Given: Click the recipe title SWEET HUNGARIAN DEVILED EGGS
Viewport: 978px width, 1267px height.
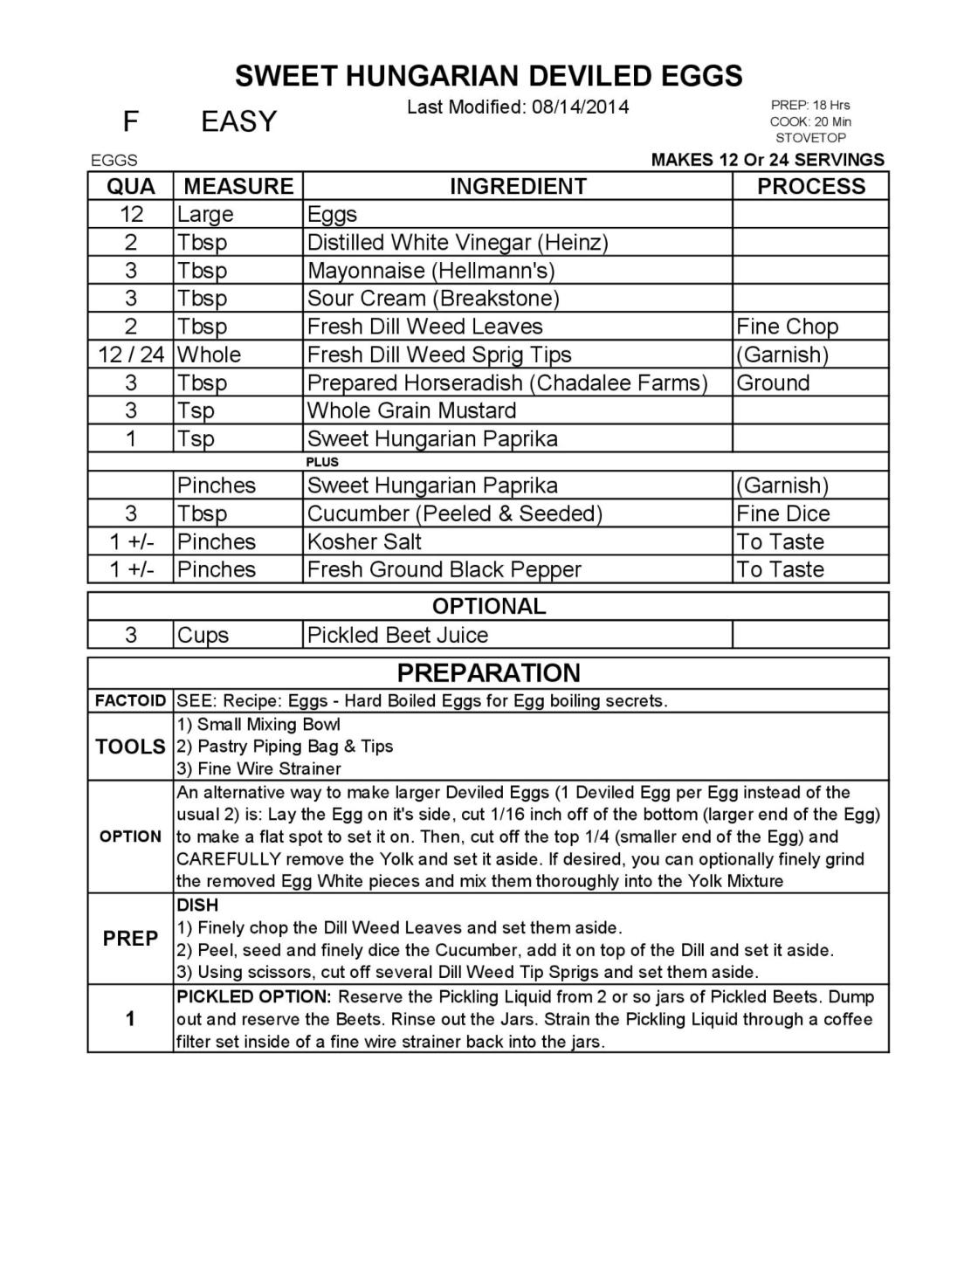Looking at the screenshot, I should pos(488,76).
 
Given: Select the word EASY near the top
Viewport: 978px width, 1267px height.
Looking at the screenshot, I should pos(238,121).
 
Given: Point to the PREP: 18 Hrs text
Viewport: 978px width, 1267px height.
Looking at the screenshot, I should pos(809,105).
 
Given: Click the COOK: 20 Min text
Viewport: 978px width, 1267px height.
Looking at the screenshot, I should pos(810,121).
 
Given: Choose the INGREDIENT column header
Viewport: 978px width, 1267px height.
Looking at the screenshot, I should pos(517,186).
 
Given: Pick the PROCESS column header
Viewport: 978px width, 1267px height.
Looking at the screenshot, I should pos(810,186).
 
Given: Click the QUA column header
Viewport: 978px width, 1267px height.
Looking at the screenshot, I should pos(131,186).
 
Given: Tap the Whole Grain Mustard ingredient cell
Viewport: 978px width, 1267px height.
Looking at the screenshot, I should pos(411,410).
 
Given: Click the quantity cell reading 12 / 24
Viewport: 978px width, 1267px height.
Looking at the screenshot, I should pos(131,355).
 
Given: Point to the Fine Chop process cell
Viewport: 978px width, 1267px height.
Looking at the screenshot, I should pos(787,327).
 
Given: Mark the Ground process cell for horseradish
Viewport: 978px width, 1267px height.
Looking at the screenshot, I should pos(773,382).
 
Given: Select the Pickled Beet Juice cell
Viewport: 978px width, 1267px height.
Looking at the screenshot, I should pos(397,635).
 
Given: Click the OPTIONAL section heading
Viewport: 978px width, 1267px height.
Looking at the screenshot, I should pos(488,606).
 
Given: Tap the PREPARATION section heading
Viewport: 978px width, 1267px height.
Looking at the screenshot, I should pos(488,672).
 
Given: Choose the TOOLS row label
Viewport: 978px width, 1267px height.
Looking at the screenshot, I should pos(131,747).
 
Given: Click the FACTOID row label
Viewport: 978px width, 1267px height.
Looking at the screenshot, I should pos(131,701).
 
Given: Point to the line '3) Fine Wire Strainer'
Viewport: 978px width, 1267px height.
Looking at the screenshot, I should pos(258,769).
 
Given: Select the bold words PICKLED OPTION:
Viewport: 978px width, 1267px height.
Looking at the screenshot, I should pos(254,997).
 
